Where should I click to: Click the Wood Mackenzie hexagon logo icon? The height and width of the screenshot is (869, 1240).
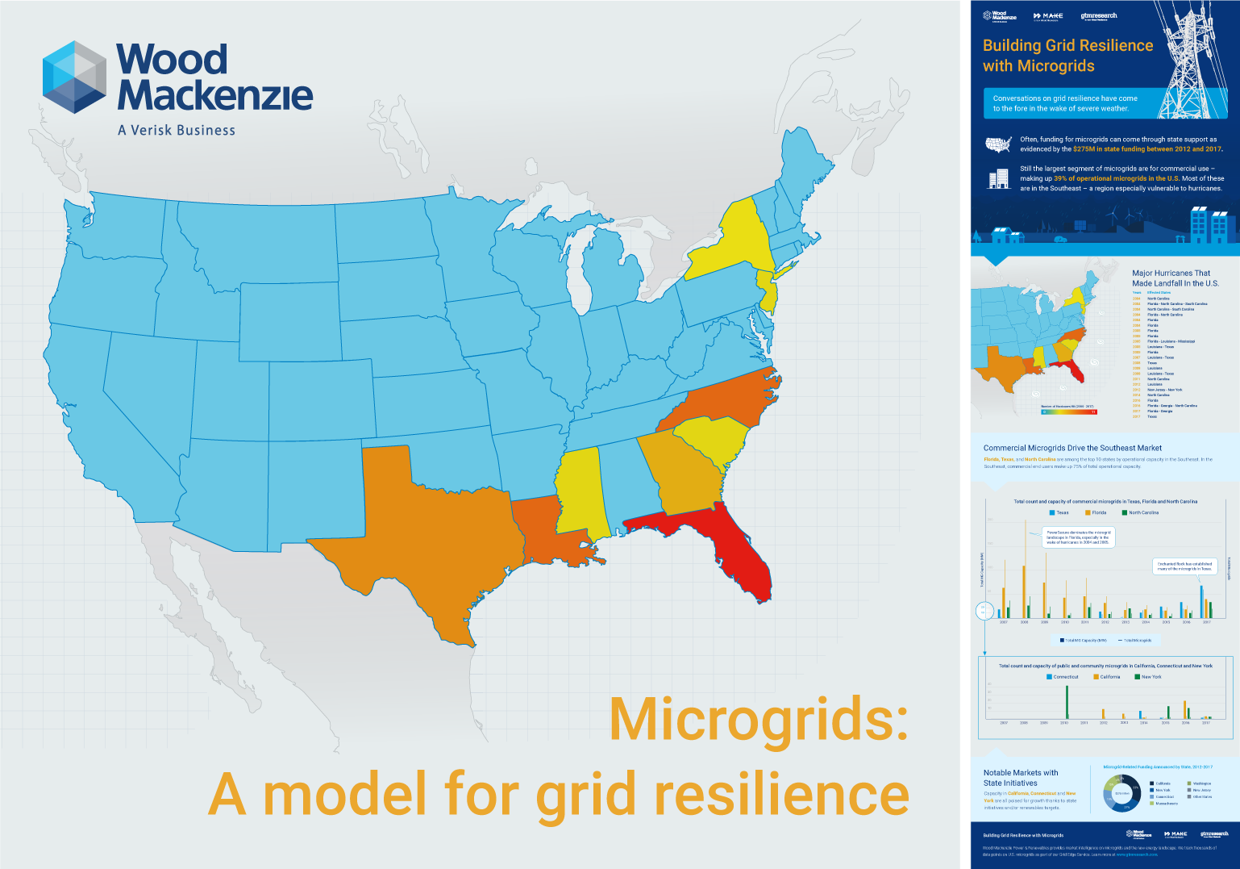coord(74,77)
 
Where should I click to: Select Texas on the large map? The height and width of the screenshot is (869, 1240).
coord(419,533)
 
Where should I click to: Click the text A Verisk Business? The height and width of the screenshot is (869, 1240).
coord(177,130)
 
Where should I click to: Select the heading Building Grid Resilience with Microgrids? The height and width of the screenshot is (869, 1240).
coord(1067,56)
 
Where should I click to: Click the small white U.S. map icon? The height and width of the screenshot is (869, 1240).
coord(998,144)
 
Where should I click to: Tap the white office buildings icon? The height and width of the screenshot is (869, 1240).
coord(998,178)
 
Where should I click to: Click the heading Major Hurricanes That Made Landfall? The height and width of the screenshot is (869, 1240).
coord(1175,278)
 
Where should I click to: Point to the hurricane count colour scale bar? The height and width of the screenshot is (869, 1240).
coord(1067,412)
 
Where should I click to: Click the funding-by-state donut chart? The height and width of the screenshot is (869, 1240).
coord(1121,793)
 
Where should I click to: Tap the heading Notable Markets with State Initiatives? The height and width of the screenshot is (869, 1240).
coord(1020,778)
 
